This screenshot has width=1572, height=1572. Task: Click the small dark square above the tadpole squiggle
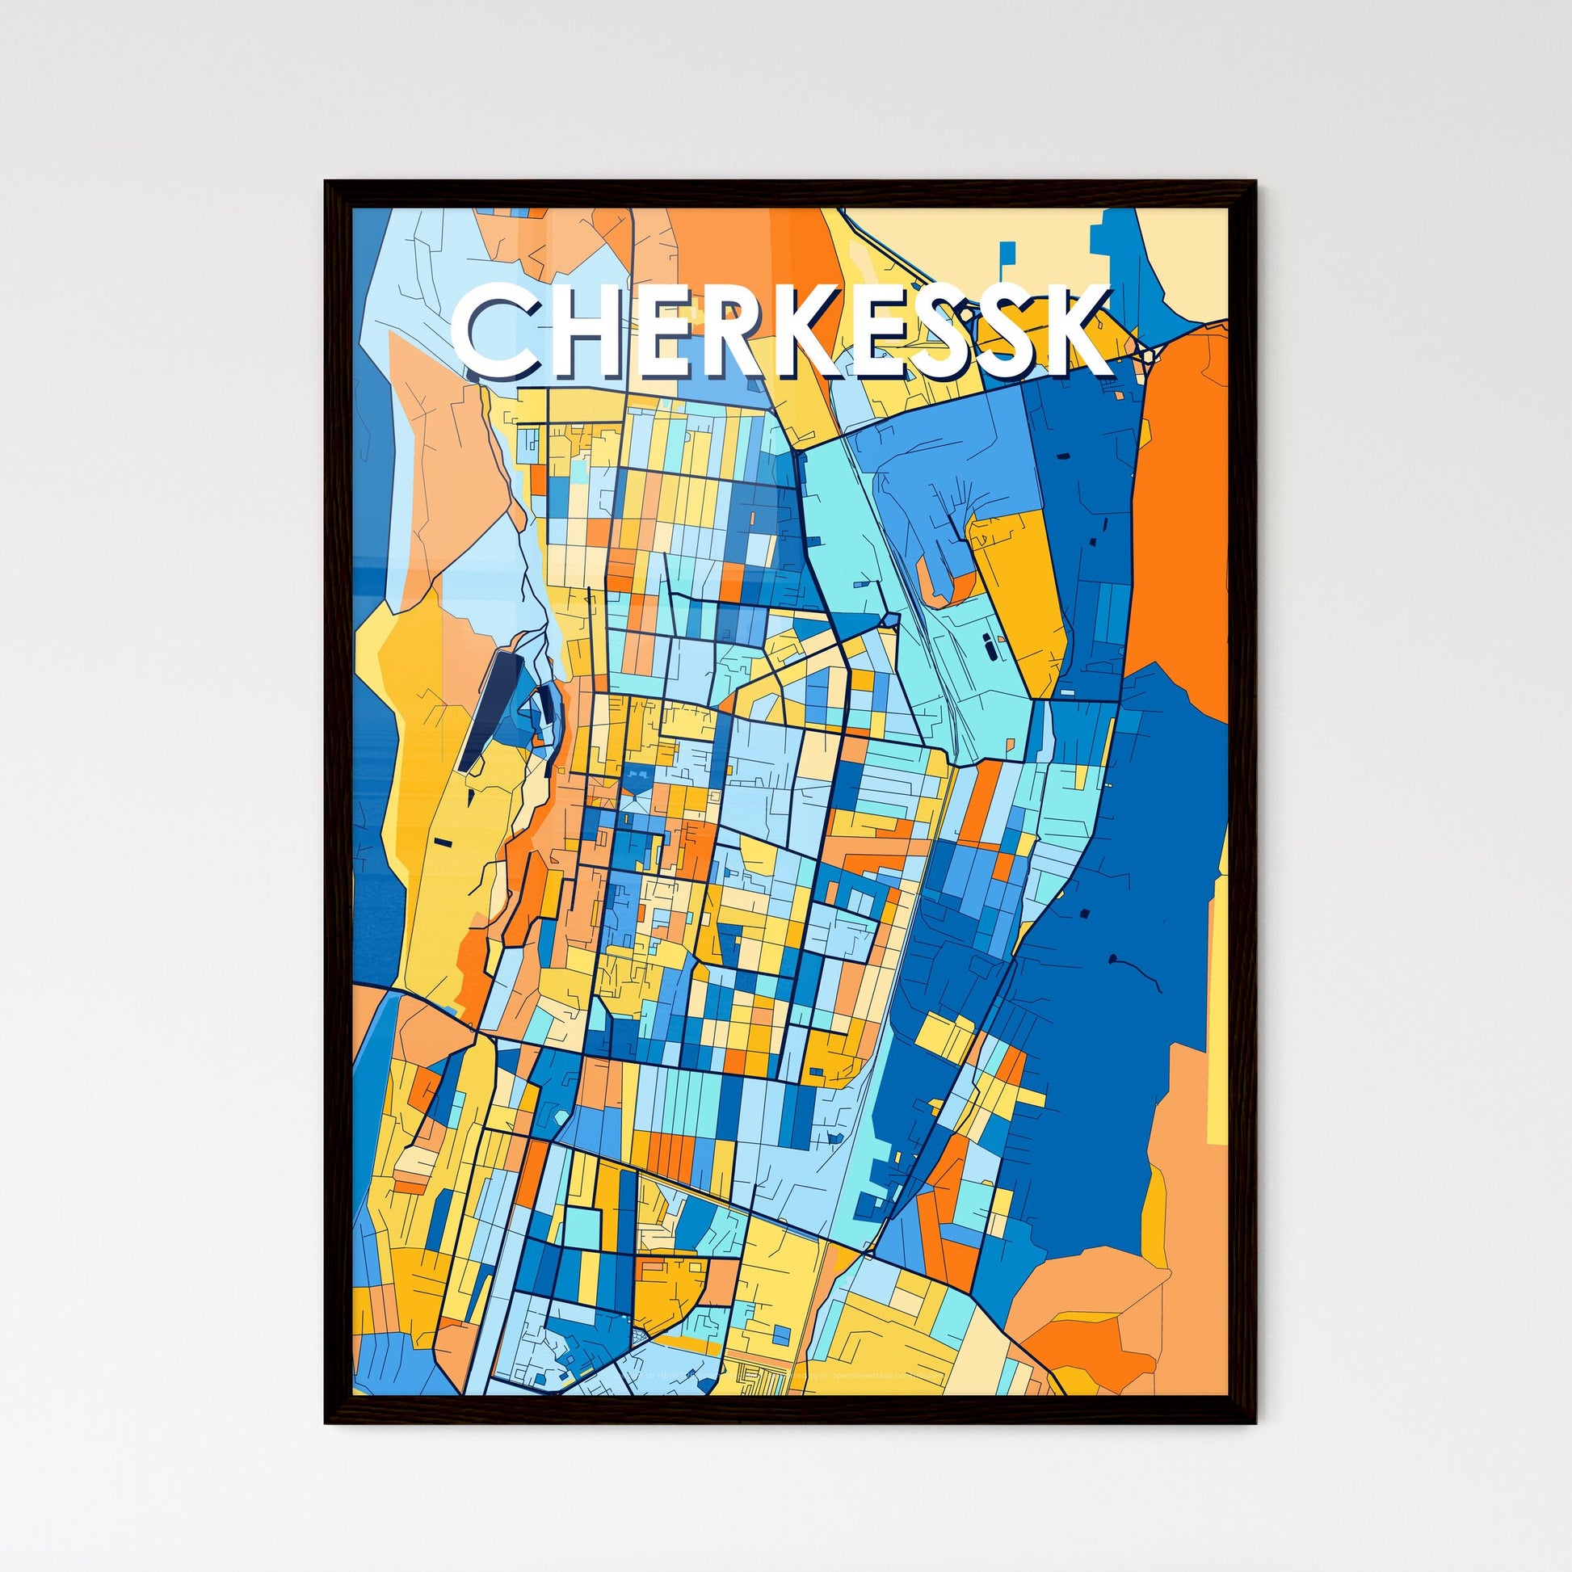point(1086,914)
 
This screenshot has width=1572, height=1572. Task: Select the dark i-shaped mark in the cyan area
point(990,648)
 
